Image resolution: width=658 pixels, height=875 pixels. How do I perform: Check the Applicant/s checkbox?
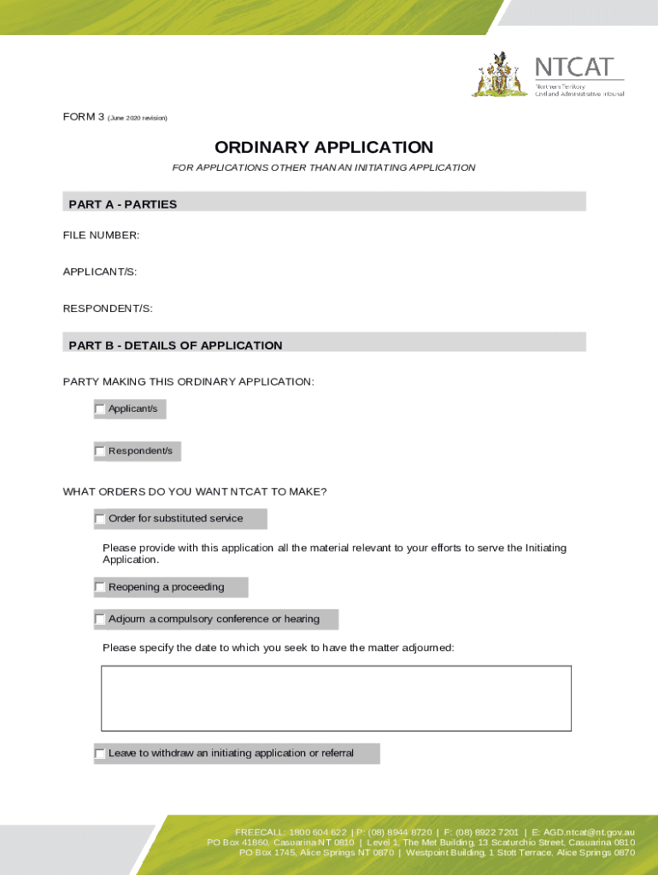click(100, 409)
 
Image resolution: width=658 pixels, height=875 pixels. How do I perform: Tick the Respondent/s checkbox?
click(100, 451)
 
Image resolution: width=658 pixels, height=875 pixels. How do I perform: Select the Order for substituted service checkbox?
click(100, 519)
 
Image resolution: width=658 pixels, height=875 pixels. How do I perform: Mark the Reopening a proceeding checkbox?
click(100, 587)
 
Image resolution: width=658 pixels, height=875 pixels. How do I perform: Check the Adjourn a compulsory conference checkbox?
click(100, 620)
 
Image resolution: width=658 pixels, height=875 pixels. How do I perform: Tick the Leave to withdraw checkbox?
click(100, 754)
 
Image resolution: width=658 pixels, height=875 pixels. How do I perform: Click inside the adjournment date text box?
click(336, 698)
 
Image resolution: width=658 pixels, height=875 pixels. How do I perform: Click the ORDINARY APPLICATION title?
click(324, 148)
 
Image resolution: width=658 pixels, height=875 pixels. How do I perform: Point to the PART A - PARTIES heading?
click(123, 204)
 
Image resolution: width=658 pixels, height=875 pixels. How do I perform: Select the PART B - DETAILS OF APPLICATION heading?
click(175, 345)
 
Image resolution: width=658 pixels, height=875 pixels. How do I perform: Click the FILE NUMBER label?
click(101, 235)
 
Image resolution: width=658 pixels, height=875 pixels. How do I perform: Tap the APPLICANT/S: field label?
click(100, 272)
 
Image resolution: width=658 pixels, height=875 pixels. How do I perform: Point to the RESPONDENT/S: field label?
click(108, 308)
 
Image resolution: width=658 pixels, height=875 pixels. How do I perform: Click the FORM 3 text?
click(83, 117)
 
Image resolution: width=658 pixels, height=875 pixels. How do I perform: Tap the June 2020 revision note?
click(138, 118)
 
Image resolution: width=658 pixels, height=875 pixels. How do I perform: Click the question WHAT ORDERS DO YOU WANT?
click(195, 491)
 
